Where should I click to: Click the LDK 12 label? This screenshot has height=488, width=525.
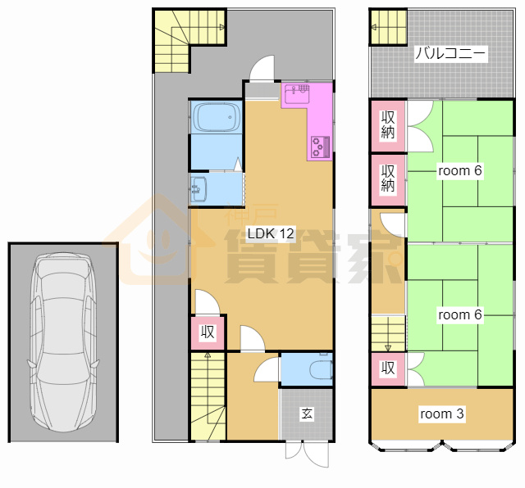coord(271,233)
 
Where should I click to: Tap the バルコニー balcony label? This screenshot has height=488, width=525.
coord(450,53)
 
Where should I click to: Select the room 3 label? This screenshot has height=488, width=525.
coord(441,413)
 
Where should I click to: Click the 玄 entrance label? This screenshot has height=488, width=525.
coord(307,413)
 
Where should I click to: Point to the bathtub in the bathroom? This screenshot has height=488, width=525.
coord(216,116)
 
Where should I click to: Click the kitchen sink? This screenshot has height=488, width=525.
coord(297,94)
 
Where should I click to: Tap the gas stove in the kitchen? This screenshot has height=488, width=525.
coord(321,147)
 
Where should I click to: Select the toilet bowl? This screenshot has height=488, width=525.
coord(321,370)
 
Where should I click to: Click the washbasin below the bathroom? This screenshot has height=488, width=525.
coord(199,189)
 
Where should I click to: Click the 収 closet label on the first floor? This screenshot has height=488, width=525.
coord(208,332)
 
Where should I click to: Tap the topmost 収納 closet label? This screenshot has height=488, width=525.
coord(388,124)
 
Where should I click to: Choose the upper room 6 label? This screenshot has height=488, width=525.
coord(459,170)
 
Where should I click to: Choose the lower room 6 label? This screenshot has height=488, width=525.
coord(459,314)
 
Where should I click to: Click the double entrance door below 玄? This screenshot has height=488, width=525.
coord(307,454)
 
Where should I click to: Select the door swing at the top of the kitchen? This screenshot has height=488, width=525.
coord(262,68)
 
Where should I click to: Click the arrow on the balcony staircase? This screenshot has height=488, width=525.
coord(374,27)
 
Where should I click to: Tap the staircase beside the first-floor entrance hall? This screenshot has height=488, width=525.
coord(208,396)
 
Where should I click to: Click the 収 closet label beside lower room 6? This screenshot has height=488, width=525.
coord(388,368)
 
